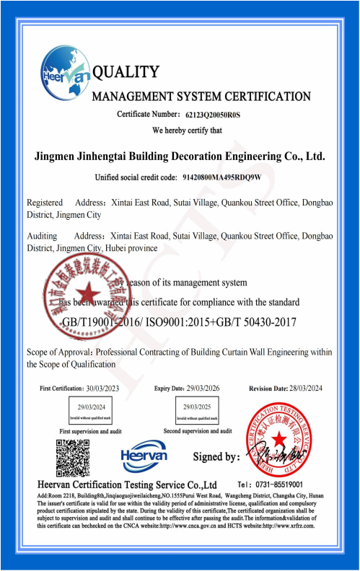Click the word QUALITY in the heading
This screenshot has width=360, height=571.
coord(126,72)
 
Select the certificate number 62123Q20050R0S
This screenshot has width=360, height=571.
coord(214,115)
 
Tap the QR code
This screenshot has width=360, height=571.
coord(73,456)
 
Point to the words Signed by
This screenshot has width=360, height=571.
coord(216,457)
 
